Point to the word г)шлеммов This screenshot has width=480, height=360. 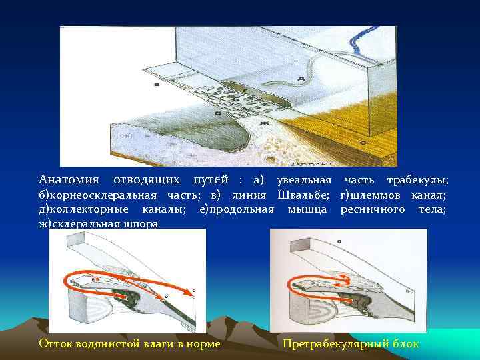pos(366,195)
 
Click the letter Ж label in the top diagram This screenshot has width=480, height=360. pos(264,123)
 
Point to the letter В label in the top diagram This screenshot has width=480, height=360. pos(156,85)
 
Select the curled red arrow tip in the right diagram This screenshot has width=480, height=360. pos(341,275)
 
